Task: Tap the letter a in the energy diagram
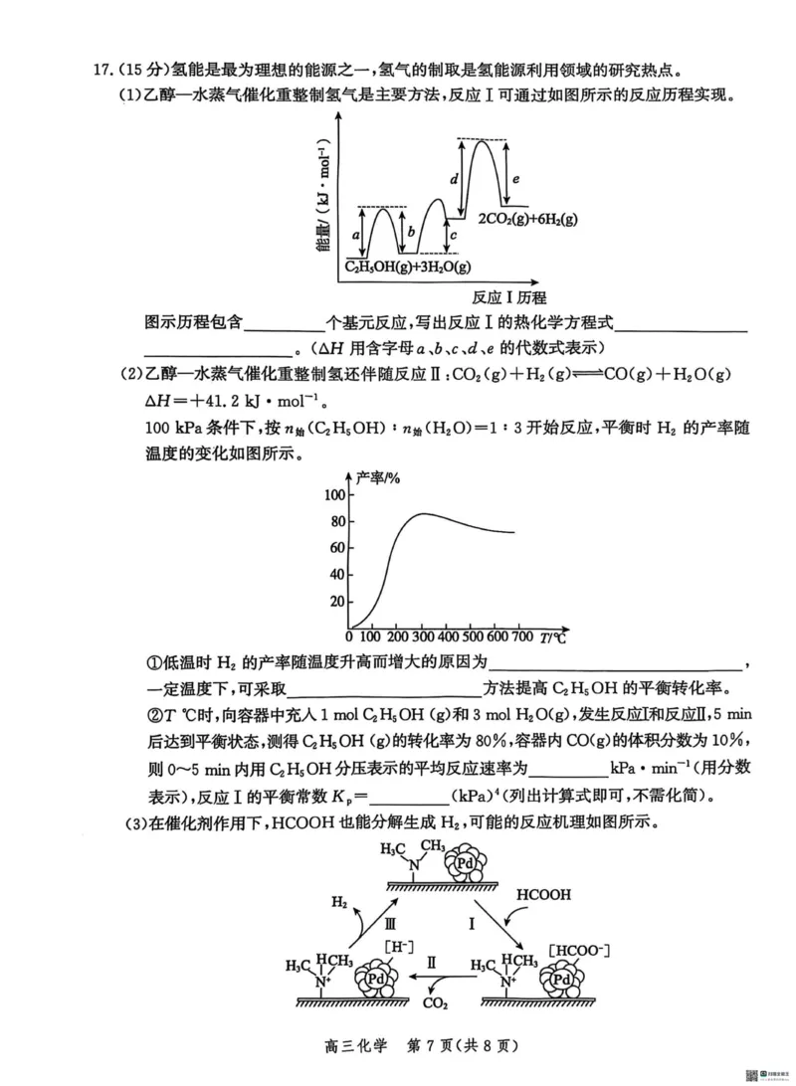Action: (356, 235)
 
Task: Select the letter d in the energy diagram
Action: (454, 179)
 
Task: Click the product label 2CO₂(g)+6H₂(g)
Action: (527, 219)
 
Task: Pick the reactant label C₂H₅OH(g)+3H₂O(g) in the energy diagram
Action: (407, 268)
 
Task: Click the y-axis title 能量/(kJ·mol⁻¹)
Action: (324, 204)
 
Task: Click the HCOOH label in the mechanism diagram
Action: (543, 895)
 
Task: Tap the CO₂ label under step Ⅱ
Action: (435, 1003)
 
